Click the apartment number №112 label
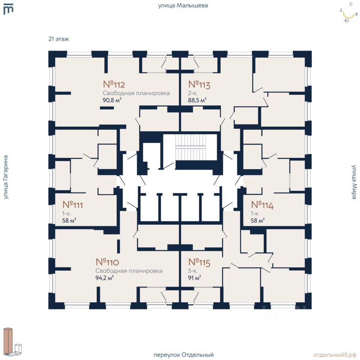[114, 84]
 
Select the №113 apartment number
[199, 84]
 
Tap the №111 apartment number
[72, 205]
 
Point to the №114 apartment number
[262, 205]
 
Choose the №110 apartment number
[107, 262]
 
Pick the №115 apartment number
[199, 262]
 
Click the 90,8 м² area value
[112, 100]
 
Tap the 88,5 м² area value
[197, 100]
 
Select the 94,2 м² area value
[105, 278]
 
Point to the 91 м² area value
[195, 278]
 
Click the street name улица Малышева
[183, 6]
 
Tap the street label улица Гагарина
[6, 177]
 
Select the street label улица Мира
[354, 182]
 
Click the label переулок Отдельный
[183, 355]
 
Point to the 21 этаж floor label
[59, 39]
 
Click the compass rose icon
[348, 13]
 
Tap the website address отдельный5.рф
[335, 355]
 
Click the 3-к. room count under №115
[193, 271]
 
